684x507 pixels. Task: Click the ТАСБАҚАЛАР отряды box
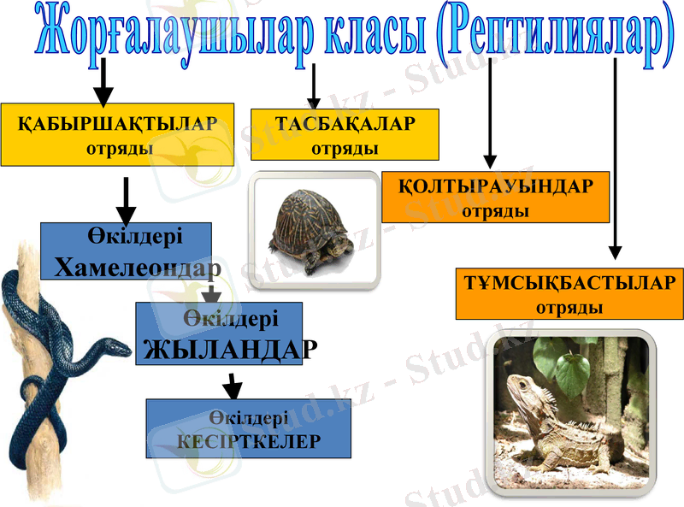pos(345,135)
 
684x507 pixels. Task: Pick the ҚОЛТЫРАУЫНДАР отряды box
pos(495,197)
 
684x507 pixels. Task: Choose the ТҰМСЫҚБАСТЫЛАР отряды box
pos(569,293)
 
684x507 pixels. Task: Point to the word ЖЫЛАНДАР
pos(230,350)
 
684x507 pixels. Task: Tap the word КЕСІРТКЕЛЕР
pos(249,441)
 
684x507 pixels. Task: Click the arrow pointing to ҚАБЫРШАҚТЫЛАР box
pos(103,82)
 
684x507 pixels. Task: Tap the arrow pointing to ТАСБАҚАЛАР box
pos(315,85)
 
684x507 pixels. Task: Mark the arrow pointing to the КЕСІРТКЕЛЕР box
pos(230,386)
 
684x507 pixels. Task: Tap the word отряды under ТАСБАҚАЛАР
pos(345,148)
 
